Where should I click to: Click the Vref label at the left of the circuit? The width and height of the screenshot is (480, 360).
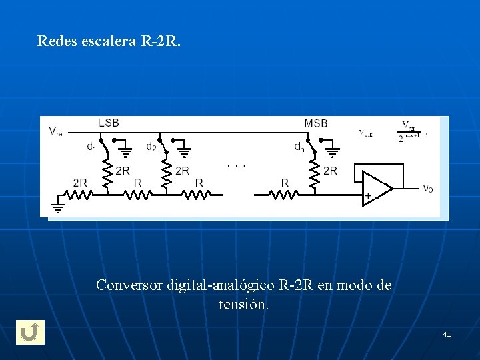tap(57, 132)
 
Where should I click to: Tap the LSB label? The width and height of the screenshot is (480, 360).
tap(109, 123)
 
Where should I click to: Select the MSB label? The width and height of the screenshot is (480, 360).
tap(316, 123)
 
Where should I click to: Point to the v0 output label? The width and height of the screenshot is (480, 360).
tap(428, 189)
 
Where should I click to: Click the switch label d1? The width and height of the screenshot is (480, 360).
tap(91, 147)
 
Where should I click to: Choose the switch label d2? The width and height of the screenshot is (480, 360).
tap(151, 147)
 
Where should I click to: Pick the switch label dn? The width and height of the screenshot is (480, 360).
tap(299, 147)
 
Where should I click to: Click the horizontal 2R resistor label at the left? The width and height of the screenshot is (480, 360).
tap(80, 182)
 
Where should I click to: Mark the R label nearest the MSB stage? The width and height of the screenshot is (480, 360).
tap(285, 182)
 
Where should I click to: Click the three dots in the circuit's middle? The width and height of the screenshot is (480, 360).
tap(236, 165)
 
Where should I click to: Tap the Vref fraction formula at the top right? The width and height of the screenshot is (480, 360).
tap(409, 132)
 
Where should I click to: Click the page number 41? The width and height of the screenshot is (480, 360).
tap(447, 333)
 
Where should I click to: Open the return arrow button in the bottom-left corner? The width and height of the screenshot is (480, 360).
tap(30, 332)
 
